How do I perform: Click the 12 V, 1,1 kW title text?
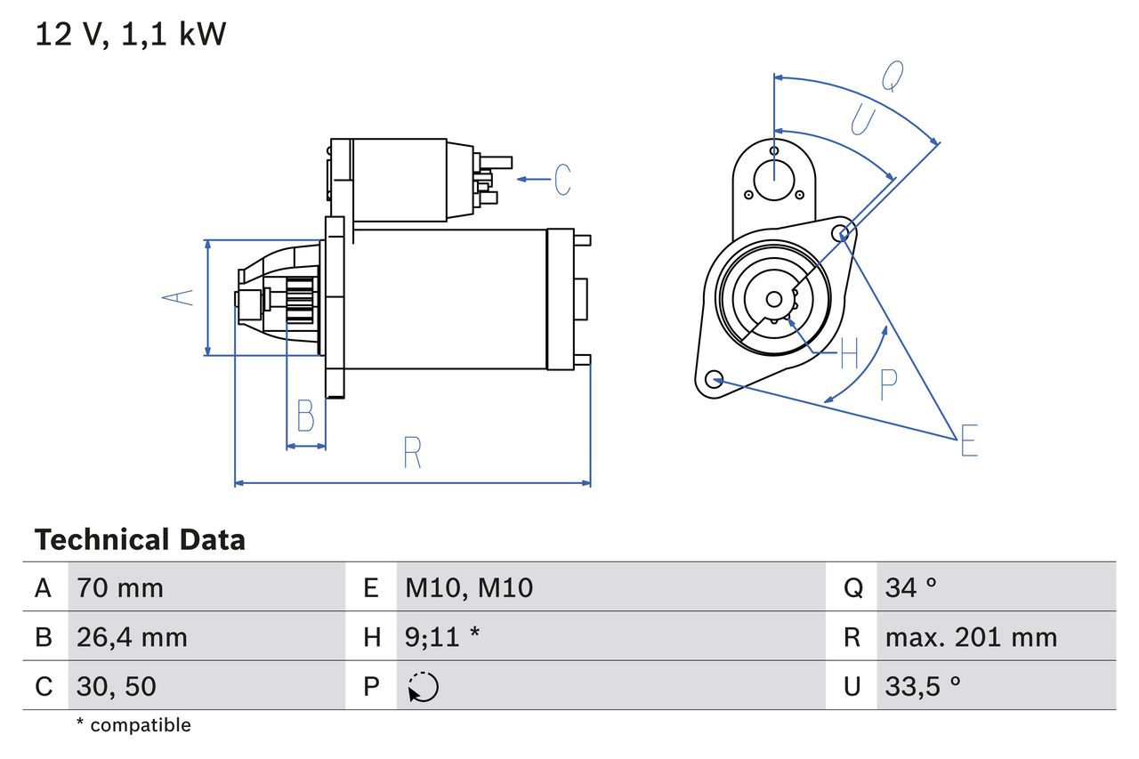131,35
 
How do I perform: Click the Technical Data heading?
140,539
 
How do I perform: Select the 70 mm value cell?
120,587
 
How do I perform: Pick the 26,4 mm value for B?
132,637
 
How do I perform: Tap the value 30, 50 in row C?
117,686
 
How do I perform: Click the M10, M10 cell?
469,587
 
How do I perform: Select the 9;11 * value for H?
442,637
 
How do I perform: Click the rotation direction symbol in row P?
424,687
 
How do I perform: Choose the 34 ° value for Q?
910,587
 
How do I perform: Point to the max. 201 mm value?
971,637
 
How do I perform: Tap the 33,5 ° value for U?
922,686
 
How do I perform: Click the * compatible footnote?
133,725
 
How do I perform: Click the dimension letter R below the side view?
411,453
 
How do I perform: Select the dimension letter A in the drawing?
181,296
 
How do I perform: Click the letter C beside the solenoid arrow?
562,180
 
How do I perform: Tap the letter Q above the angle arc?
893,77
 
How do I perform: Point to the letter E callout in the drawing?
969,441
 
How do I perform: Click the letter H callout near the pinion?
849,354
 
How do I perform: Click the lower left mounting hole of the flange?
713,380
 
